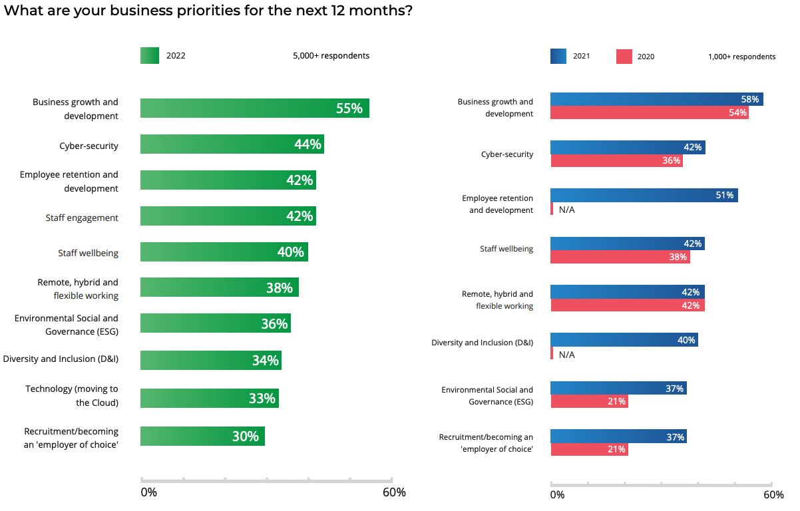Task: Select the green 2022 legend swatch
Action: pos(150,56)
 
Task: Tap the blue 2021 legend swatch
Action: pos(558,57)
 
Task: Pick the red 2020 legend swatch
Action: pos(624,57)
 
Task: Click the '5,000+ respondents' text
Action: pos(331,56)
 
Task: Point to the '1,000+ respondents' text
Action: pos(741,57)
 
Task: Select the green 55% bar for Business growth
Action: pos(254,108)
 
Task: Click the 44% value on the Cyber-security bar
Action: pos(308,144)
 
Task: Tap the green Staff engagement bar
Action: pos(228,216)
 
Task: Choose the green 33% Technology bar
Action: pos(209,399)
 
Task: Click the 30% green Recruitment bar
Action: pos(202,436)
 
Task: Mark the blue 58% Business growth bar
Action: pos(656,99)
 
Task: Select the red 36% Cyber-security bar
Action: pos(616,160)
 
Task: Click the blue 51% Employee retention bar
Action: pos(644,195)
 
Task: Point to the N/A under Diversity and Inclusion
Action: pos(566,355)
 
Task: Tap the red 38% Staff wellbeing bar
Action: pos(620,257)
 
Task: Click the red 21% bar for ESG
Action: pos(589,401)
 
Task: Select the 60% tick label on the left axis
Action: pos(394,492)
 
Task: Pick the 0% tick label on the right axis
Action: pos(557,495)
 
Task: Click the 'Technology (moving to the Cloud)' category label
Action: pos(72,395)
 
